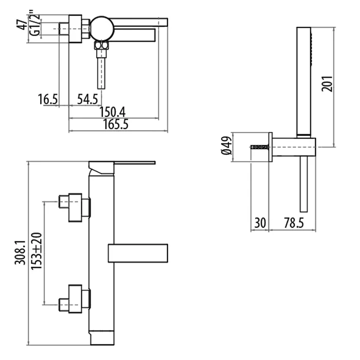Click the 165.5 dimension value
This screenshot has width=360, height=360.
[x=115, y=124]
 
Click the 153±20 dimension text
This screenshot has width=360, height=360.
[x=37, y=255]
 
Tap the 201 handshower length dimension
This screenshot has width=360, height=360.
[x=327, y=82]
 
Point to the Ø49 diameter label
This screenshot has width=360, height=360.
[x=226, y=148]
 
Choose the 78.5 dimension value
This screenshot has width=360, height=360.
[x=294, y=223]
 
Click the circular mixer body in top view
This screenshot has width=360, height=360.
[x=101, y=28]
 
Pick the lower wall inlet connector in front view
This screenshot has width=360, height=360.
[x=75, y=298]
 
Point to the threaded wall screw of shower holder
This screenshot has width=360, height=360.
[x=259, y=148]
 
